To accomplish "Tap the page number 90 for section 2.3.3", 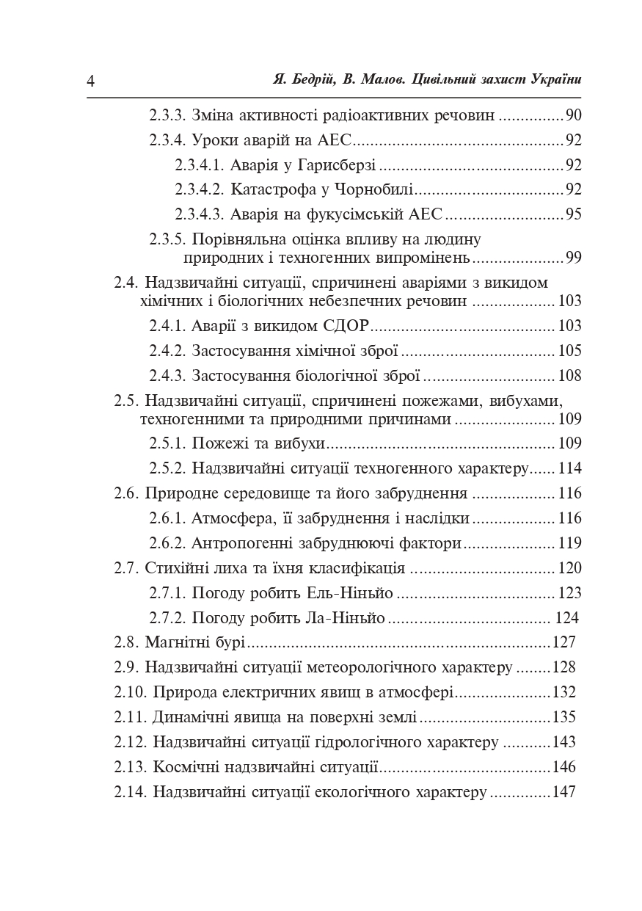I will [x=573, y=115].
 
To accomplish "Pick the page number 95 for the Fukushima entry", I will [x=573, y=214].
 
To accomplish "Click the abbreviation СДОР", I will [x=344, y=326].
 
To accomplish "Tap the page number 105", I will [x=569, y=351].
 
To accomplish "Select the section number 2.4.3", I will [x=167, y=376].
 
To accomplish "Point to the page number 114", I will [x=569, y=468].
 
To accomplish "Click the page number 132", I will [x=564, y=692].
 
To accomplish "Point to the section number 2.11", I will [x=130, y=717].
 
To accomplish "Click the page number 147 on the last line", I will [x=564, y=792].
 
